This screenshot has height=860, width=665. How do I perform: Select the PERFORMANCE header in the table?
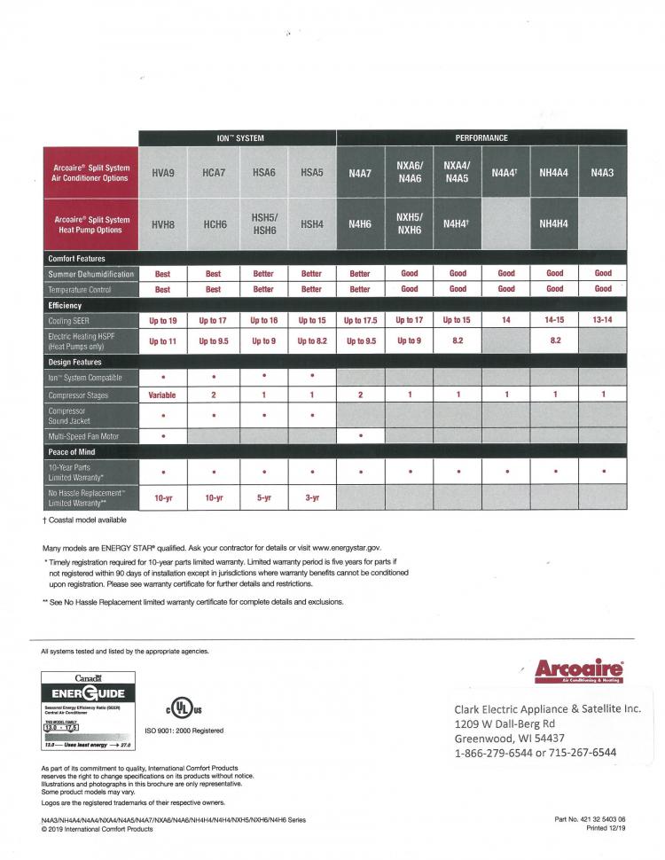coord(481,138)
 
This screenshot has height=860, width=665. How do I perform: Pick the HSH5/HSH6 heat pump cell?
coord(263,224)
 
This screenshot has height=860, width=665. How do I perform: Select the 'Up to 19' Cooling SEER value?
coord(163,319)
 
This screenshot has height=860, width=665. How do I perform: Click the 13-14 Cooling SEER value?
coord(603,319)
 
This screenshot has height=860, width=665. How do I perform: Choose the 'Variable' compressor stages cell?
coord(163,395)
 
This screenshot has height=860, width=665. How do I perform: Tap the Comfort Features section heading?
coord(76,258)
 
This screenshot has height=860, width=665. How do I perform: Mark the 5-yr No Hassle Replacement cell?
coord(263,498)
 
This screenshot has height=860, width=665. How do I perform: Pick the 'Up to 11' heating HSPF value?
coord(163,340)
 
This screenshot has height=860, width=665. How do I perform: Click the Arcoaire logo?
coord(579,670)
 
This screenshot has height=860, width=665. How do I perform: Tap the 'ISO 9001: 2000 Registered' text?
coord(184,731)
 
